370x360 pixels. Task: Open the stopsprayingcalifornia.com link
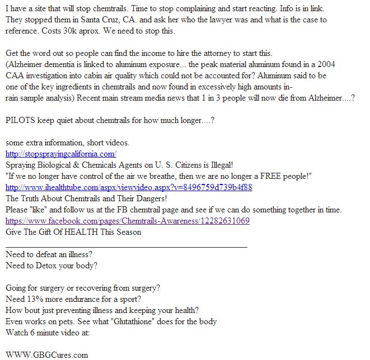coord(60,154)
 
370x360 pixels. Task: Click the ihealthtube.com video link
coord(129,187)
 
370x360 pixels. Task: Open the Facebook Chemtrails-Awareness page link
coord(128,221)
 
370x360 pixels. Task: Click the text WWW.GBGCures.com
coord(47,354)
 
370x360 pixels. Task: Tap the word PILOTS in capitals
coord(21,120)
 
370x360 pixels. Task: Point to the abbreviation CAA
coord(16,75)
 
